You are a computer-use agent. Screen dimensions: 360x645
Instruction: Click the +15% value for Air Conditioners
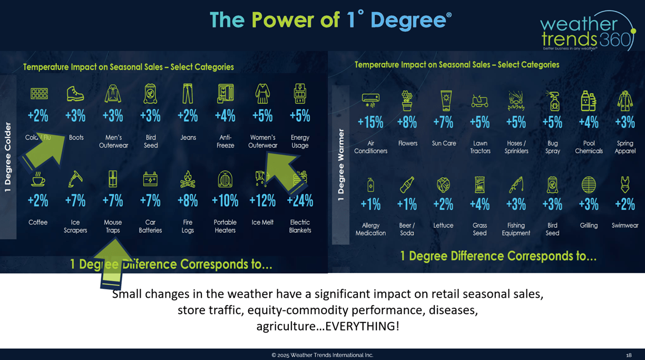[x=370, y=122]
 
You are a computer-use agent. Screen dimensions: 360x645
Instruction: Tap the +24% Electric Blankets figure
[x=300, y=201]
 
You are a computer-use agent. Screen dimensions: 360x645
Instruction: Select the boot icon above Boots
[x=75, y=94]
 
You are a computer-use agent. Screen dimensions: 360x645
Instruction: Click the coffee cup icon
[x=38, y=179]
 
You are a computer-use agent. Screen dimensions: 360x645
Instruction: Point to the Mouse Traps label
[x=113, y=226]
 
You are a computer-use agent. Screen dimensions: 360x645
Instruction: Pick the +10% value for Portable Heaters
[x=225, y=201]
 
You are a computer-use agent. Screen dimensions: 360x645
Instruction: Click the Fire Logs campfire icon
[x=188, y=179]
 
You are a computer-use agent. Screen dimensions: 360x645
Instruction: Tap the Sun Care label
[x=444, y=143]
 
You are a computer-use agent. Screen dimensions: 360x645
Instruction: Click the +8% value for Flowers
[x=407, y=122]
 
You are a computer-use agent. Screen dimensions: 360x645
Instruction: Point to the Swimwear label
[x=625, y=226]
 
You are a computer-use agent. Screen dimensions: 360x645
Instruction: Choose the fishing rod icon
[x=516, y=185]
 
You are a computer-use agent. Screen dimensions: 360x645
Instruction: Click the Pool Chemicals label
[x=589, y=147]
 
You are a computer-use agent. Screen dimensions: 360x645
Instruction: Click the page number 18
[x=629, y=355]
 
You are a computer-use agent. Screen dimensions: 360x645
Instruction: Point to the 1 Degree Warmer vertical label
[x=341, y=165]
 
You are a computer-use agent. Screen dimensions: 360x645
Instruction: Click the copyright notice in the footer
[x=322, y=355]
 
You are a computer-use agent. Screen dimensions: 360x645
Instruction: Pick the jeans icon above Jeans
[x=188, y=94]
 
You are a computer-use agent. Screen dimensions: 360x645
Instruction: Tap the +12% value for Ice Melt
[x=262, y=201]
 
